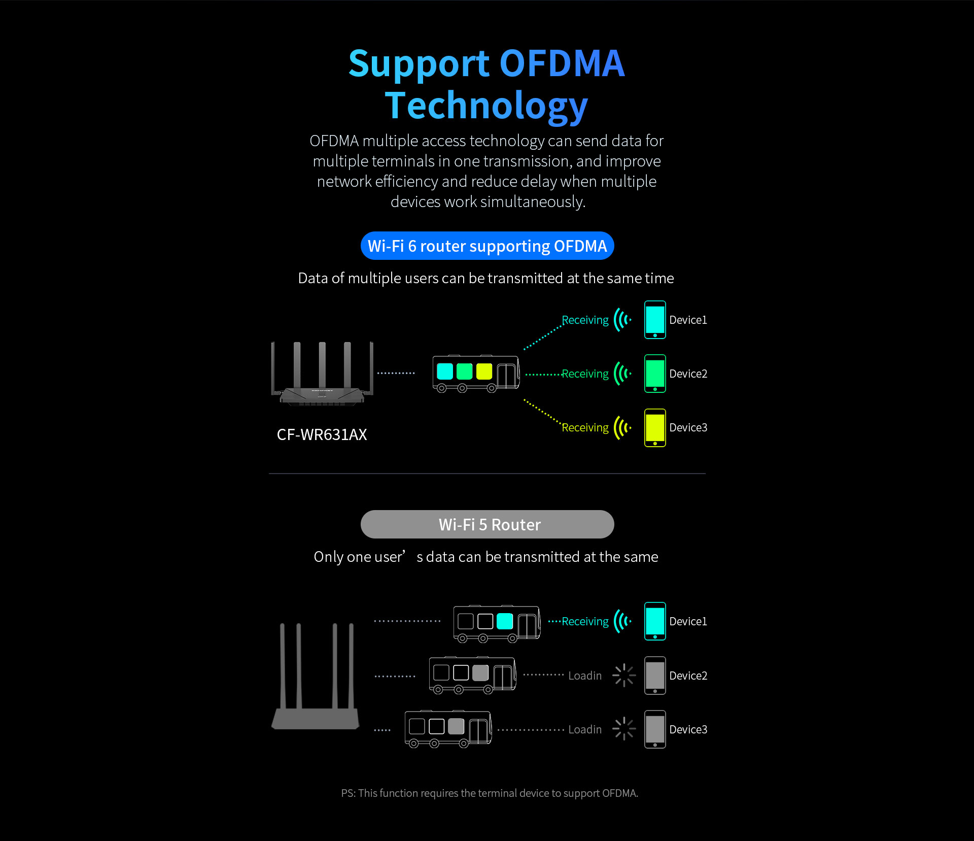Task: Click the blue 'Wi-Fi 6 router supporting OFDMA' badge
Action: tap(487, 246)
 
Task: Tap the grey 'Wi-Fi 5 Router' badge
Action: tap(487, 524)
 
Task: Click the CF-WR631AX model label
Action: tap(322, 434)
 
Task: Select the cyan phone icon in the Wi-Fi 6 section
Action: tap(655, 320)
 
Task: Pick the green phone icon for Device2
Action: tap(655, 374)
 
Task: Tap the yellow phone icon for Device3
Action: tap(655, 427)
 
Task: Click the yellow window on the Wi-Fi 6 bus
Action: tap(484, 372)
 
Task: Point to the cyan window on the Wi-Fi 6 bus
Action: tap(445, 372)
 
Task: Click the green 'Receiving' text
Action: tap(585, 374)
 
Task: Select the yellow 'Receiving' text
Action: tap(585, 428)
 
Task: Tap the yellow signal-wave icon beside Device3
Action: tap(622, 427)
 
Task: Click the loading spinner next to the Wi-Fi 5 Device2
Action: tap(624, 676)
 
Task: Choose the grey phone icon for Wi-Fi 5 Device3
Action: tap(655, 729)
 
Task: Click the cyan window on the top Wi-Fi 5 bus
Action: tap(505, 621)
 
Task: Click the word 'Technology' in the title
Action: tap(486, 106)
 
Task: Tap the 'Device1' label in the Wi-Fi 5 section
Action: tap(688, 622)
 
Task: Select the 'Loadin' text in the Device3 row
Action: tap(585, 730)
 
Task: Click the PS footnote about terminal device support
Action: tap(490, 793)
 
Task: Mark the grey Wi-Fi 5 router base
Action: tap(316, 719)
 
